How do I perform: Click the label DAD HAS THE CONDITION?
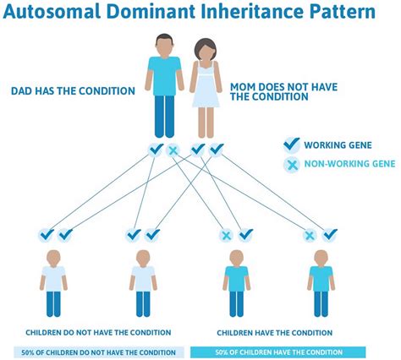[x=73, y=90]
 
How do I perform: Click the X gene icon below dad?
[x=174, y=150]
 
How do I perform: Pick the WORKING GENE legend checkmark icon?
[x=292, y=145]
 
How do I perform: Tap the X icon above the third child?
[x=226, y=235]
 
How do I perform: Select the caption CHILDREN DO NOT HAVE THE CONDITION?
[x=98, y=332]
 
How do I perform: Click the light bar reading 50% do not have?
[x=98, y=352]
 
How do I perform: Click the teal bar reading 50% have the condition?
[x=278, y=352]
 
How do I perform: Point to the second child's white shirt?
[x=143, y=277]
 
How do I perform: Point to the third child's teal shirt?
[x=236, y=277]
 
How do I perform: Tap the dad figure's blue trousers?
[x=164, y=114]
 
